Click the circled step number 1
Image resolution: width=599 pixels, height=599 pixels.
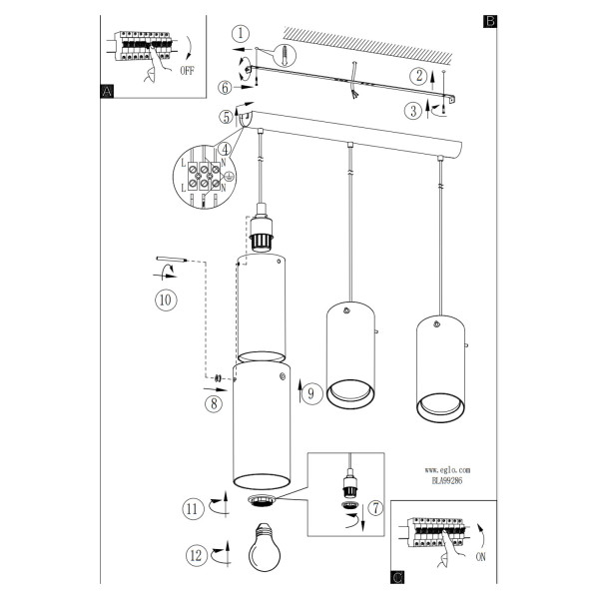click(241, 34)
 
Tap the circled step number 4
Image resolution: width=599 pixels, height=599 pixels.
click(226, 149)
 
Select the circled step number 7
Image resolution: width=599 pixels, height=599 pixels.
click(376, 508)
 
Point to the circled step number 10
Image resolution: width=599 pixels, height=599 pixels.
click(166, 299)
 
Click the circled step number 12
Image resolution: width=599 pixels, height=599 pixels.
click(197, 555)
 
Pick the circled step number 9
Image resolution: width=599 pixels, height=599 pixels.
click(311, 394)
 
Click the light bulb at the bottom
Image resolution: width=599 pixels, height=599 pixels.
click(265, 547)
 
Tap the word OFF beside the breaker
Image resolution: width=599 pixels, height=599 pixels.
click(187, 71)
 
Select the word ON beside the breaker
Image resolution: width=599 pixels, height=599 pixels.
click(480, 557)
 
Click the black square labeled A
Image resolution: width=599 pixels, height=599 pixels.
click(108, 91)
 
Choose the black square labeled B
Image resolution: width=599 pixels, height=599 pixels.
click(490, 21)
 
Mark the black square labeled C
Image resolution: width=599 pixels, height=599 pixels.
click(397, 577)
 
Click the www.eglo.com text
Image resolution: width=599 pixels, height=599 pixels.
click(447, 470)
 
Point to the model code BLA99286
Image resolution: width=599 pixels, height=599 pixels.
click(447, 481)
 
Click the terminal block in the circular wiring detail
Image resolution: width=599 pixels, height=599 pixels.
click(205, 176)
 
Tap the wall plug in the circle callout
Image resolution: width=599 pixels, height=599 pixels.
click(285, 54)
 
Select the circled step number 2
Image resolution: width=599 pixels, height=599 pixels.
click(418, 76)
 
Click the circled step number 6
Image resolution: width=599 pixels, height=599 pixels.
click(226, 88)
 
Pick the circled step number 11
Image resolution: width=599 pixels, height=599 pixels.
click(192, 509)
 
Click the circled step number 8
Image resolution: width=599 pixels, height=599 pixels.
click(214, 403)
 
